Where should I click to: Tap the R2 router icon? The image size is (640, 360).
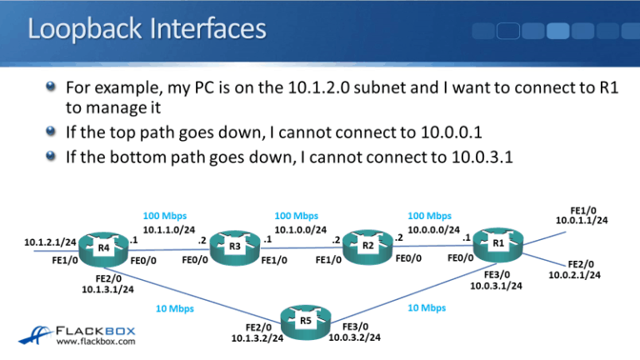coord(367,247)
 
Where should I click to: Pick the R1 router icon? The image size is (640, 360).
coord(497,243)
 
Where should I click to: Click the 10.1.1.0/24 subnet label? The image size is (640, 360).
coord(169,230)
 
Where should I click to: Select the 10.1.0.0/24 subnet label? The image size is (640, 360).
coord(300,230)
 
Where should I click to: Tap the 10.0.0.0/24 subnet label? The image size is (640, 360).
coord(434,229)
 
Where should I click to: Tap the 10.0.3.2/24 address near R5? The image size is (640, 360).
coord(355,337)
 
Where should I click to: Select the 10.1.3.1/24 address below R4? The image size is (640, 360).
coord(108,289)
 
